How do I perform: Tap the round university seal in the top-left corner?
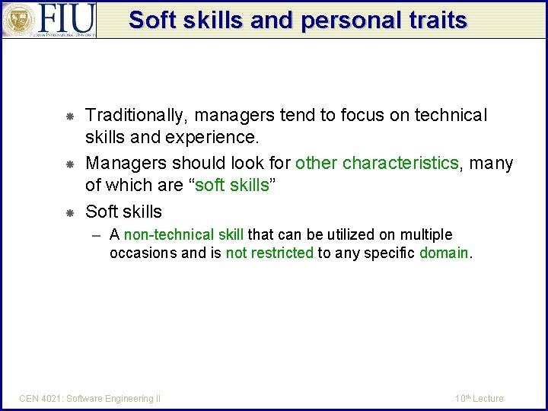18,20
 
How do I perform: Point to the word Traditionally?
137,116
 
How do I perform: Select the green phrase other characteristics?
377,163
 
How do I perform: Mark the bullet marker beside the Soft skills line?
68,212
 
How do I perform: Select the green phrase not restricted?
269,253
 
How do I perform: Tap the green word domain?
444,253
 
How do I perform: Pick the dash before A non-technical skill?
97,234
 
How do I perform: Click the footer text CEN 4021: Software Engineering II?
90,398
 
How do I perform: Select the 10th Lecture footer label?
479,398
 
